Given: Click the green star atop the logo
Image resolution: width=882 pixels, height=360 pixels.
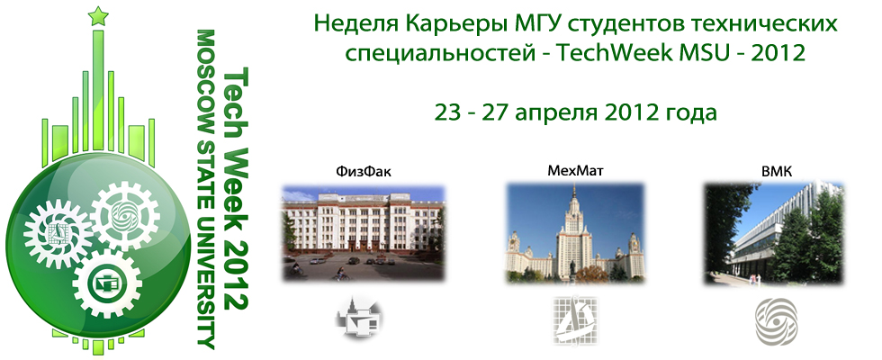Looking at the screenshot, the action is (98, 16).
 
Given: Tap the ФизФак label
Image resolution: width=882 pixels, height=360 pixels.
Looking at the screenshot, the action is (363, 173).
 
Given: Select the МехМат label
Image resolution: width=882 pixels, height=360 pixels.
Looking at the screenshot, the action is (575, 171).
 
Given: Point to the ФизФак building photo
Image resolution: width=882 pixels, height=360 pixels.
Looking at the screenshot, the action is (364, 233).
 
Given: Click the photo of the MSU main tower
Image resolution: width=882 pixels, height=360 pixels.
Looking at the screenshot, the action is (575, 232).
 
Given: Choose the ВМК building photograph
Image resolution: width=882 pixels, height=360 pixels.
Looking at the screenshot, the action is (774, 233).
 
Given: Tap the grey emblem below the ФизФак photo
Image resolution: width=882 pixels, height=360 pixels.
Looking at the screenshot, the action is (361, 318).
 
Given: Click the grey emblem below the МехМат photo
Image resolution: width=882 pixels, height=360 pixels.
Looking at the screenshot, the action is (574, 319).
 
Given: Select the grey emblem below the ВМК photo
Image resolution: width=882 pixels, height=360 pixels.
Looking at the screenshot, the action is (776, 321).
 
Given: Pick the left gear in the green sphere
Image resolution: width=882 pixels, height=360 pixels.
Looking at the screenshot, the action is (58, 233).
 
